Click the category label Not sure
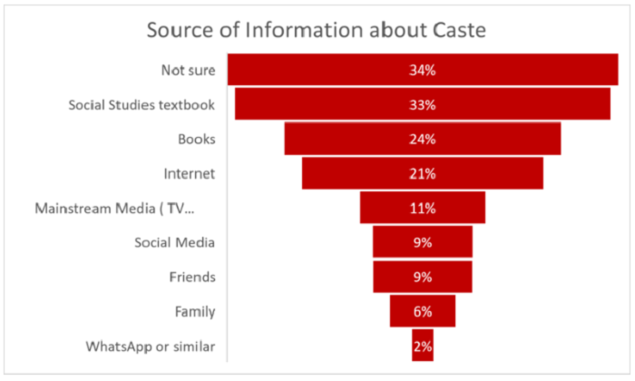point(188,70)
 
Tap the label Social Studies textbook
point(142,104)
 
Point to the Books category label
point(197,139)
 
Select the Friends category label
point(192,277)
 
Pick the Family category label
point(195,311)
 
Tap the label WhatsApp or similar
point(151,346)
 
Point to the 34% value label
point(423,70)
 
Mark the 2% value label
point(424,346)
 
